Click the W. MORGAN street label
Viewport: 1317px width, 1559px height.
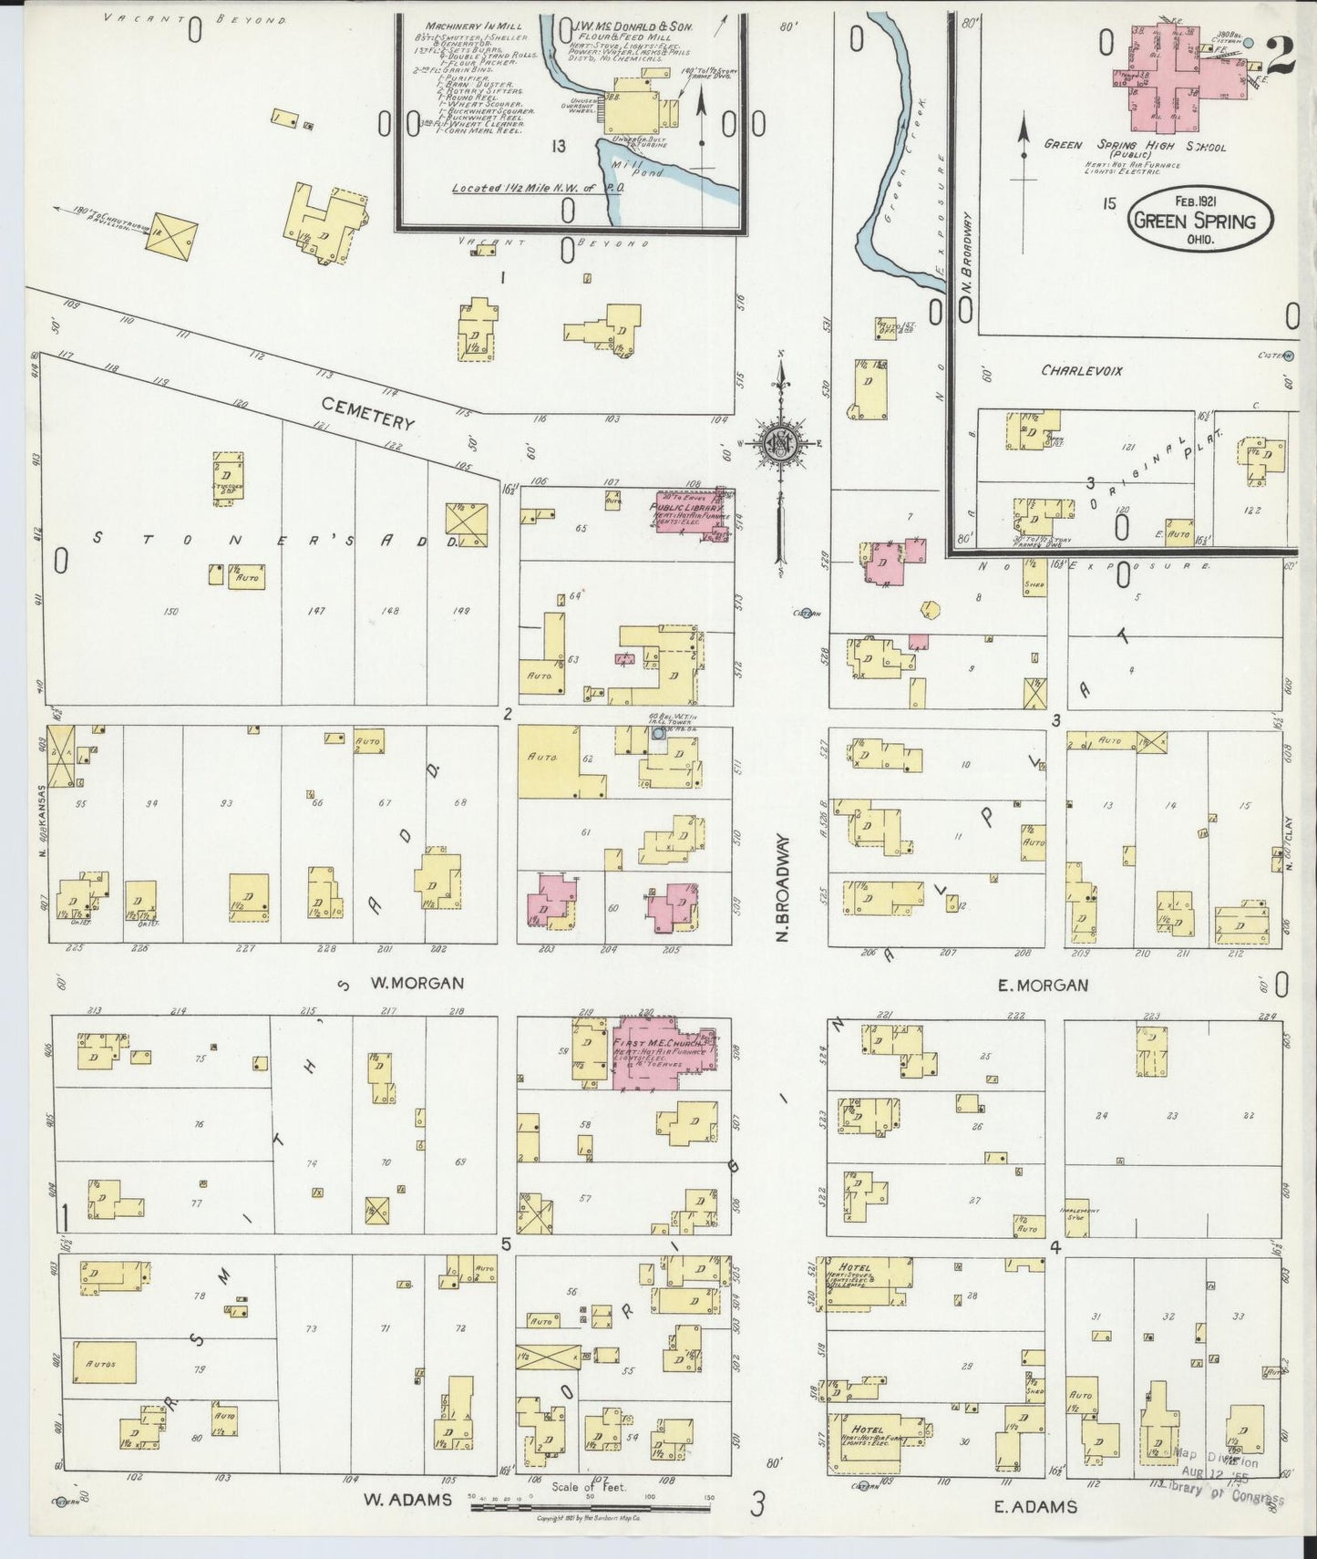(417, 983)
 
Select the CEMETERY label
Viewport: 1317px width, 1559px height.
(369, 413)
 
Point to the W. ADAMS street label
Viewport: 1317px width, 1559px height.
(407, 1499)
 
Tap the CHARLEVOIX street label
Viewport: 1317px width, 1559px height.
(1082, 371)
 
